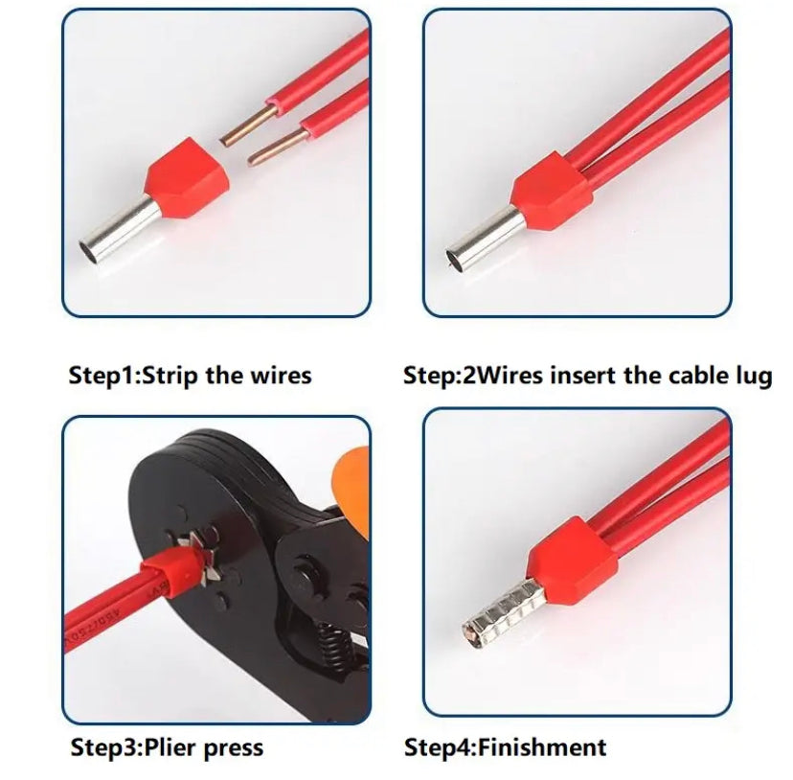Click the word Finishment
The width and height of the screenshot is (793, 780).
[x=542, y=747]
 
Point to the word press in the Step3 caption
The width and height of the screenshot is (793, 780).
[x=234, y=749]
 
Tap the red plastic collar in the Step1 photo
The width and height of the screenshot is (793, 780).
[x=187, y=177]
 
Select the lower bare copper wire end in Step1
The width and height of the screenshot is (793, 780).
[x=277, y=148]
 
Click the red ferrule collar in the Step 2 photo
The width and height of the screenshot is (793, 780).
[x=552, y=192]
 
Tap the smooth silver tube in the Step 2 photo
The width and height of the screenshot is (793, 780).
[x=487, y=241]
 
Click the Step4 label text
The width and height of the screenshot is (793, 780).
[x=440, y=748]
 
